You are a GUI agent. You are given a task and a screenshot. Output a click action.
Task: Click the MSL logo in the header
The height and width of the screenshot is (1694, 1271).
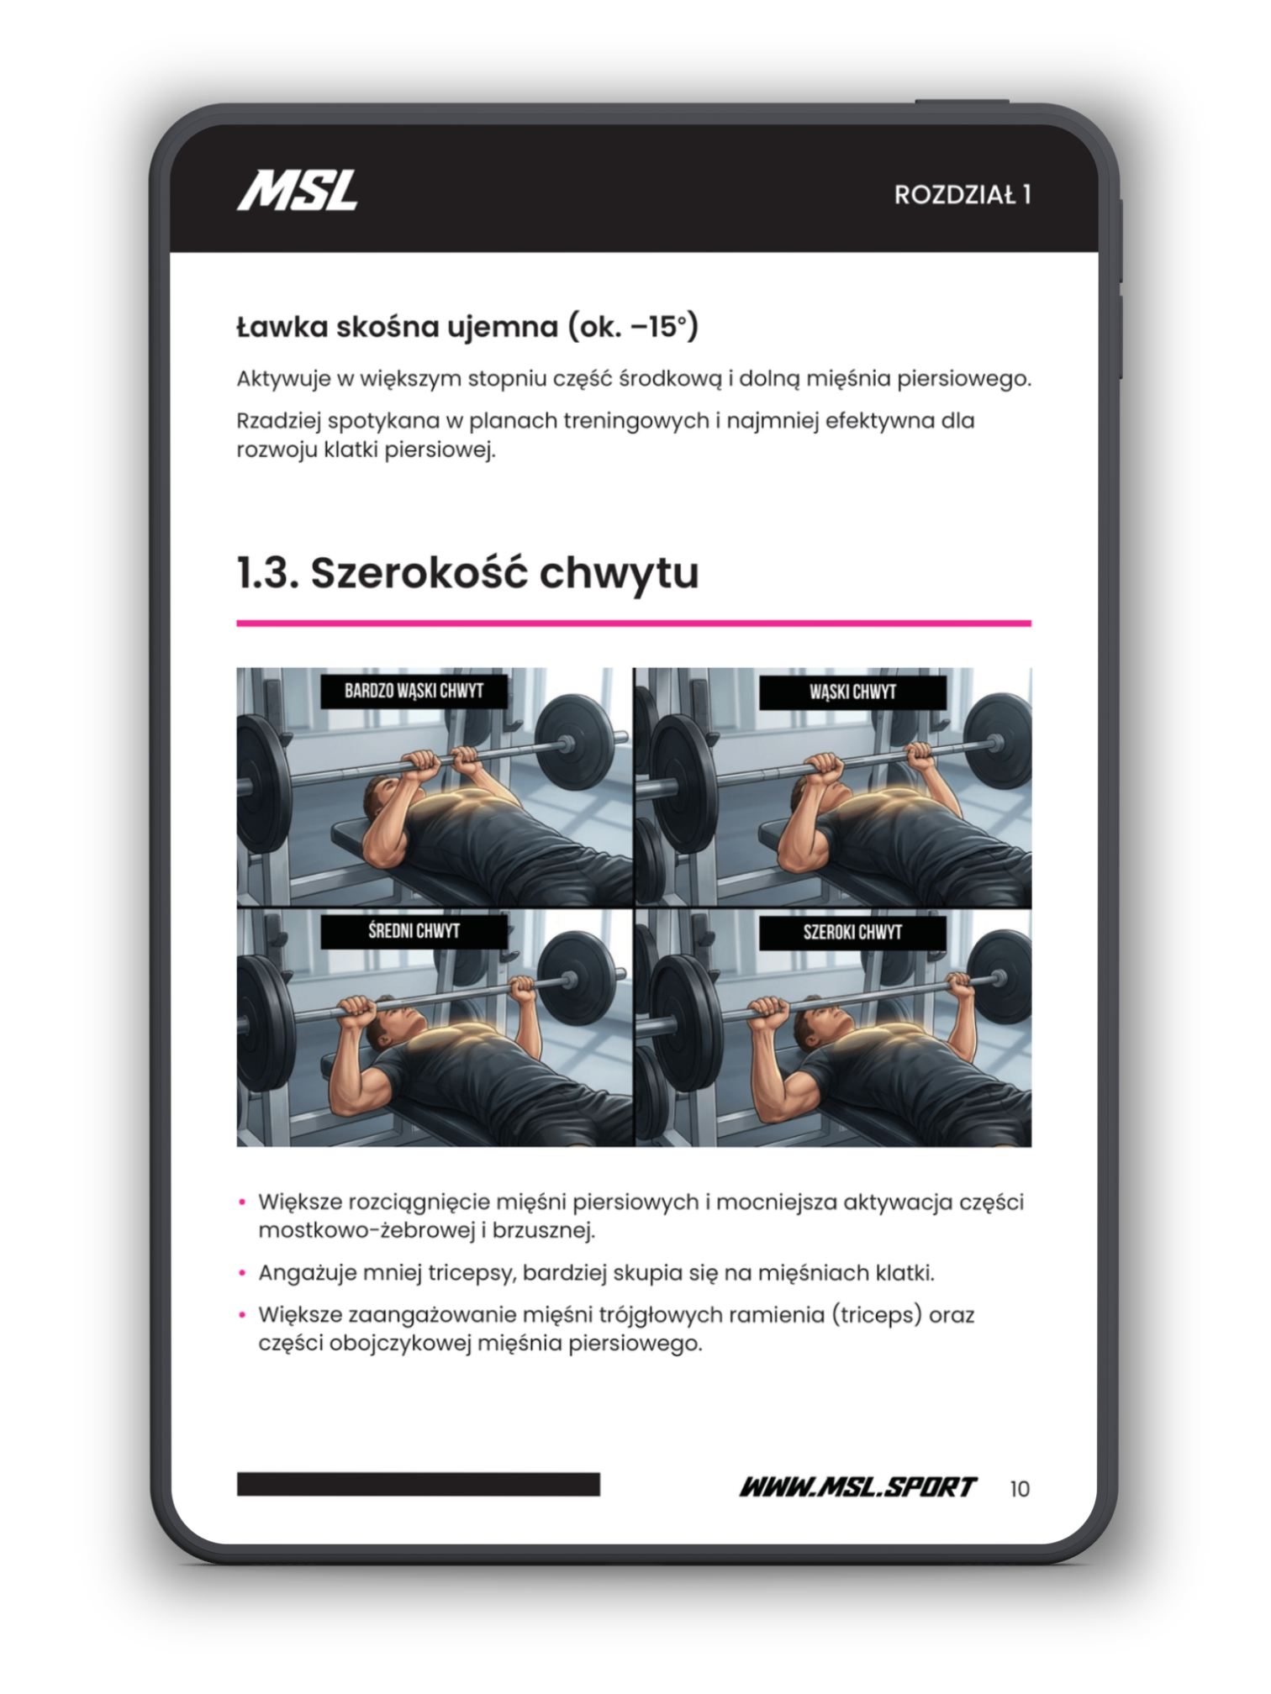(298, 191)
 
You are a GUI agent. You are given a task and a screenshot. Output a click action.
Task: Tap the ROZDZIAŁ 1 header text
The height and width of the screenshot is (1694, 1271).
(962, 195)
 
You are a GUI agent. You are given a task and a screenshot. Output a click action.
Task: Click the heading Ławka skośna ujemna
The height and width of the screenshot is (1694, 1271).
(467, 326)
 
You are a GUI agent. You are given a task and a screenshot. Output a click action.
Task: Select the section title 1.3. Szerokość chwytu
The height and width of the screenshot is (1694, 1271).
(467, 573)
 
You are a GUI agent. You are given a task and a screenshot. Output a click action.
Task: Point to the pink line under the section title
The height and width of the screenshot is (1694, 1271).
(634, 623)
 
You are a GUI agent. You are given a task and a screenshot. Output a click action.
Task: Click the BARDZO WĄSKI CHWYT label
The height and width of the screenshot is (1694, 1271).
(414, 691)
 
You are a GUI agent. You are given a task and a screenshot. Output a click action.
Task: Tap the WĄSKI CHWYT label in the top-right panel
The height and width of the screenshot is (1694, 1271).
(852, 692)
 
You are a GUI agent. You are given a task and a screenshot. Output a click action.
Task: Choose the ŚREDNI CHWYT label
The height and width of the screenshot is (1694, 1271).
(414, 931)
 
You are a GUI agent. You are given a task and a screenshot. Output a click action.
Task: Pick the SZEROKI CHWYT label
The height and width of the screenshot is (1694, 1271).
(852, 932)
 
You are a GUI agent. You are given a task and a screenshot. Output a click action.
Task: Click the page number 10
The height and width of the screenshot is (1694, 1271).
(1020, 1489)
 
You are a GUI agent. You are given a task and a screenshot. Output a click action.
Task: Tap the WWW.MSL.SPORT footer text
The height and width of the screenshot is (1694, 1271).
(857, 1487)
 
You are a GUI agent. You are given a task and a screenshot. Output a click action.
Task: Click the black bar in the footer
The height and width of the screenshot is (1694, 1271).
(419, 1484)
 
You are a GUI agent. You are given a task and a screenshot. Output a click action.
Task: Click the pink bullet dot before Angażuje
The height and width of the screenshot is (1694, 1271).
(242, 1273)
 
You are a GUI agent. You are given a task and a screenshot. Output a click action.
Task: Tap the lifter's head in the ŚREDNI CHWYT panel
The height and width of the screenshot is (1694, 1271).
(398, 1025)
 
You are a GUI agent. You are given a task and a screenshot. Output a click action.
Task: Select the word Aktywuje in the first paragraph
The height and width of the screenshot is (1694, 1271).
(283, 379)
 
